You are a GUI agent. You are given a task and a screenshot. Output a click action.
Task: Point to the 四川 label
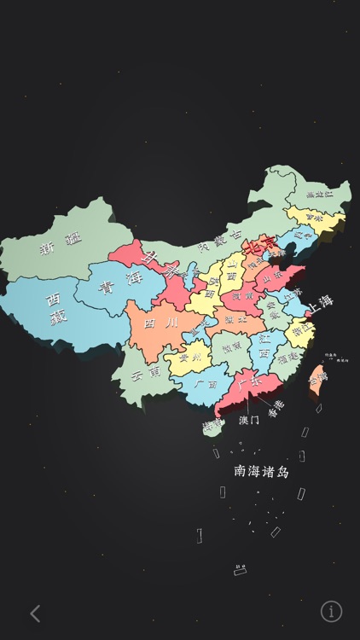tap(161, 323)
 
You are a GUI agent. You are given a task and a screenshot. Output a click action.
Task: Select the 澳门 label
tap(249, 420)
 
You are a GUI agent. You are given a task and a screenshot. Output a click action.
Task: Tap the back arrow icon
tap(35, 612)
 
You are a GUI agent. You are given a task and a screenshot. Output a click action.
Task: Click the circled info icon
tap(331, 611)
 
